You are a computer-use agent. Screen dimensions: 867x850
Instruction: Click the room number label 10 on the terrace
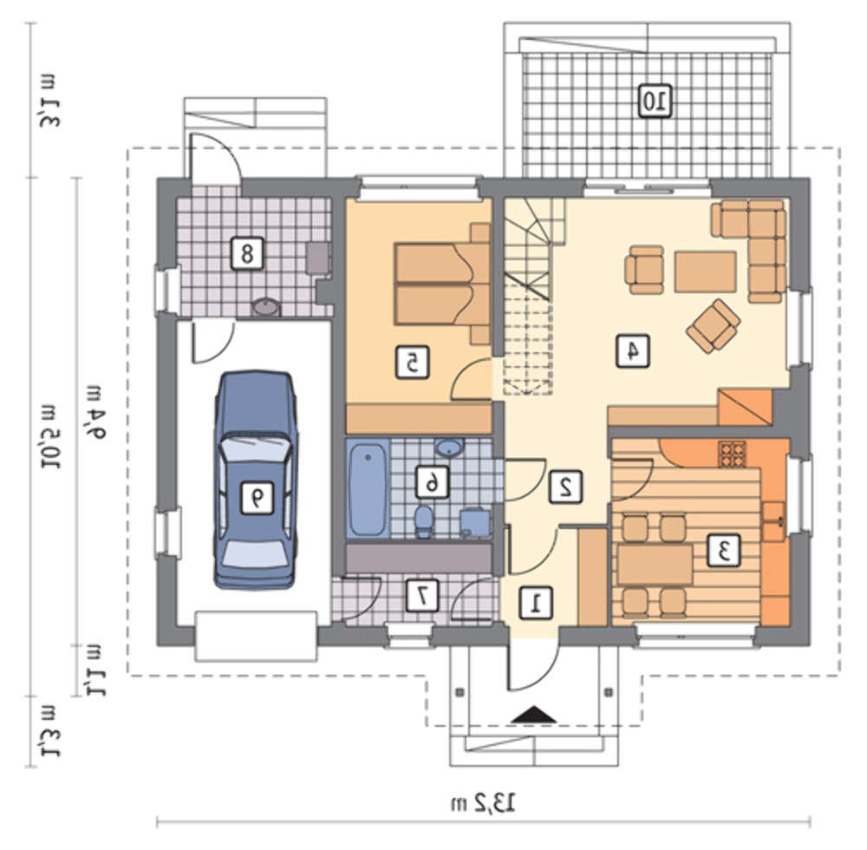[x=655, y=101]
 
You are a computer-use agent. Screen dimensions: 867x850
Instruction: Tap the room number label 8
[x=246, y=254]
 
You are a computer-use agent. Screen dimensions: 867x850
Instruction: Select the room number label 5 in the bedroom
[x=412, y=363]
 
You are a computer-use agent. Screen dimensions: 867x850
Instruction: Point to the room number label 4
[x=633, y=350]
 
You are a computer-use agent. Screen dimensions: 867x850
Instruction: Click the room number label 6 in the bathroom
[x=432, y=482]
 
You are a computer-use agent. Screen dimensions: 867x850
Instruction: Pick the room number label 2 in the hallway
[x=565, y=487]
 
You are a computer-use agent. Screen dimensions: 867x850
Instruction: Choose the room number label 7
[x=423, y=595]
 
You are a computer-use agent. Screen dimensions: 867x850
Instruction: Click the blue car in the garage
[x=255, y=480]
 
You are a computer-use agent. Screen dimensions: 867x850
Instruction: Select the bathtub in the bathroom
[x=367, y=490]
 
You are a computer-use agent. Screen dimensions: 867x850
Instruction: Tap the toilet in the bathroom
[x=424, y=520]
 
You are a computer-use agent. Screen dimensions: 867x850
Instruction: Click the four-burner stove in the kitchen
[x=732, y=454]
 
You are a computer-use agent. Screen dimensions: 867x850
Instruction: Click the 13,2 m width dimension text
[x=483, y=802]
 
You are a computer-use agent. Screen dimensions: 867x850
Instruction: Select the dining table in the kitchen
[x=655, y=564]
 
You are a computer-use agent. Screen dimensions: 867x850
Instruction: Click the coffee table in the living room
[x=705, y=272]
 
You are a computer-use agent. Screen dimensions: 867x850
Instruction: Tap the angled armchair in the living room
[x=714, y=326]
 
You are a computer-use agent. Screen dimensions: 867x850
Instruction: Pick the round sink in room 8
[x=266, y=308]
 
